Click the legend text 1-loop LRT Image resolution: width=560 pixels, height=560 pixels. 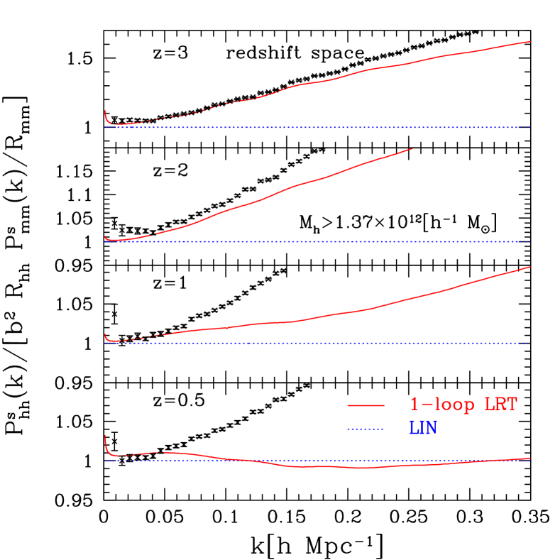(463, 405)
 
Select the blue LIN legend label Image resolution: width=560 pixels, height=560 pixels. (423, 429)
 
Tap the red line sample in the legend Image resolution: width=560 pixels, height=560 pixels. (366, 405)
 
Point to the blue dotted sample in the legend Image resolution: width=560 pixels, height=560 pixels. (366, 429)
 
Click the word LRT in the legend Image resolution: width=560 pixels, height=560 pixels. (500, 405)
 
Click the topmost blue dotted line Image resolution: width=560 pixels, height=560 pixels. (319, 128)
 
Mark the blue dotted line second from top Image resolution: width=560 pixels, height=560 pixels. (319, 241)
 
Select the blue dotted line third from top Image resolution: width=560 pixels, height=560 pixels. (319, 344)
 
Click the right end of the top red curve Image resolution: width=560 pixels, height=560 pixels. (529, 42)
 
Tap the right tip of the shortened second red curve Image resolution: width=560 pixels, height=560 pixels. (412, 149)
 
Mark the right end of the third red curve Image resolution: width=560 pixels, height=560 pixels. (529, 267)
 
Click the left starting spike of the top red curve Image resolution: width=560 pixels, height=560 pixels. (106, 113)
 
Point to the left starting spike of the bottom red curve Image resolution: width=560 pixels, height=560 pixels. (106, 437)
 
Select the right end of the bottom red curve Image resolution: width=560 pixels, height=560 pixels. (529, 458)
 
